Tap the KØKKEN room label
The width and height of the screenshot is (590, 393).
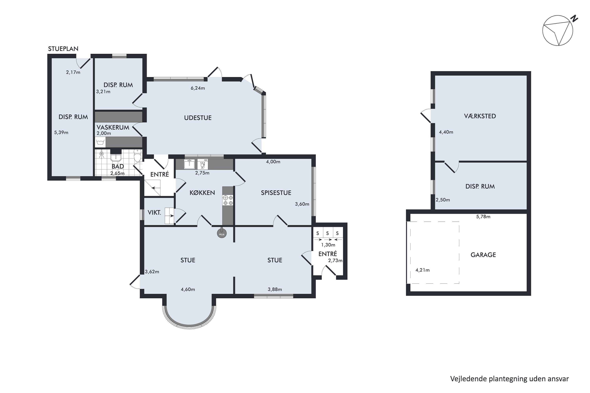pos(202,193)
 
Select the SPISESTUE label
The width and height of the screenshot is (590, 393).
pos(276,193)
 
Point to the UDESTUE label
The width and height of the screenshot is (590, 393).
pos(198,118)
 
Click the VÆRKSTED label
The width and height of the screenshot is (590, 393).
pos(480,116)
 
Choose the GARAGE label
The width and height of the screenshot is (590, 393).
pos(483,255)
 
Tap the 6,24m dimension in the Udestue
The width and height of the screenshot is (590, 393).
pos(198,88)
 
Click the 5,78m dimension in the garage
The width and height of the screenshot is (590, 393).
pos(483,217)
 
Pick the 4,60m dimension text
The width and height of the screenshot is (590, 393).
pos(188,289)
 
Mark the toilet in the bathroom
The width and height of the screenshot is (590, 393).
pos(137,155)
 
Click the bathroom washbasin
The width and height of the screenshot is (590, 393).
pos(116,157)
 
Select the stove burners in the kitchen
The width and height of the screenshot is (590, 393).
pos(228,200)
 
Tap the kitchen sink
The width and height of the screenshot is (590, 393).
pos(189,164)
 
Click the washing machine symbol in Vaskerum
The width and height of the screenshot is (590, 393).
pos(100,142)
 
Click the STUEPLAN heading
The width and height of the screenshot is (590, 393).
pos(63,49)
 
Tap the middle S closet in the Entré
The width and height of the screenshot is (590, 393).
pos(327,233)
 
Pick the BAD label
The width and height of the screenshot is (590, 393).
pos(118,166)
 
